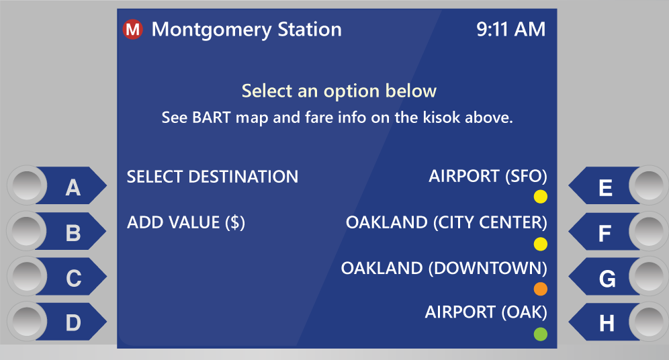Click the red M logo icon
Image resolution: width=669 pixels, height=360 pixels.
tap(132, 30)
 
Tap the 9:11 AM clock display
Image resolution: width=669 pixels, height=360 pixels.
tap(510, 30)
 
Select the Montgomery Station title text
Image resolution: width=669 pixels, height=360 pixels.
tap(247, 30)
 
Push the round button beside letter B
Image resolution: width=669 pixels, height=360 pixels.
tap(26, 231)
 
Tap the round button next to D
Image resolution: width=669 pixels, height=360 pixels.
tap(26, 321)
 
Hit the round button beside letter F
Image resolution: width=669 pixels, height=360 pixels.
tap(649, 231)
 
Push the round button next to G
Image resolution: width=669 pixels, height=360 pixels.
tap(649, 276)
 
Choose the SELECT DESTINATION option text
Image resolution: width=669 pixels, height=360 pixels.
tap(212, 177)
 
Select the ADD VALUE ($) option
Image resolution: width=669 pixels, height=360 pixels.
tap(186, 223)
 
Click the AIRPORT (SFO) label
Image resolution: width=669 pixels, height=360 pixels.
tap(488, 176)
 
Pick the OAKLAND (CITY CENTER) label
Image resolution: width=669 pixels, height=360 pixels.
tap(446, 223)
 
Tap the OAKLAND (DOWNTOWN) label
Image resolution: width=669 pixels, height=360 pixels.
tap(444, 268)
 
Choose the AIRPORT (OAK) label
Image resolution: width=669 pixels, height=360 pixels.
tap(486, 312)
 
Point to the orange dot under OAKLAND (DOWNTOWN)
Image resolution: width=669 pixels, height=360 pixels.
tap(541, 289)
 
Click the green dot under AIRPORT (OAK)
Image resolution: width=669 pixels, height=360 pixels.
tap(541, 334)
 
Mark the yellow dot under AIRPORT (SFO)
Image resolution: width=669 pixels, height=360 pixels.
tap(541, 197)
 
